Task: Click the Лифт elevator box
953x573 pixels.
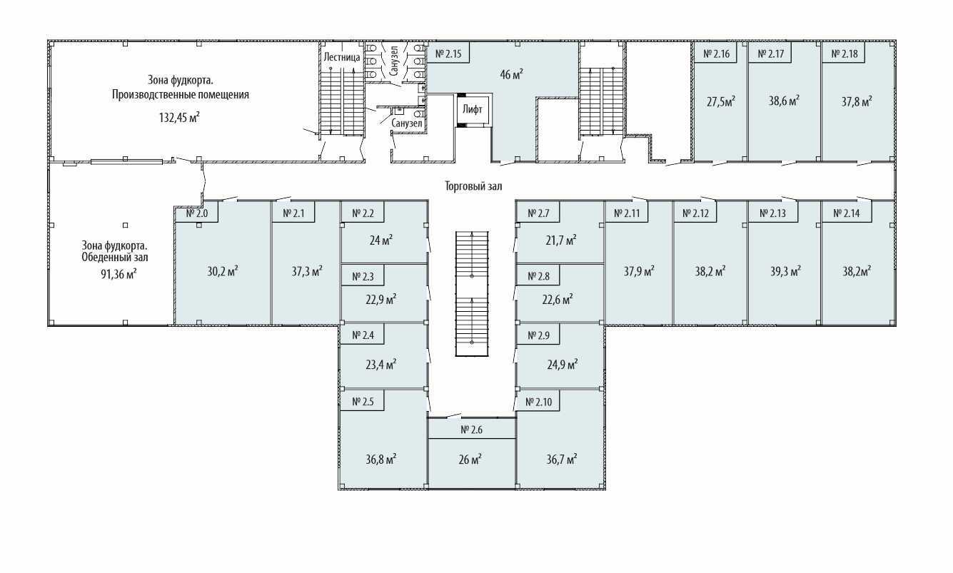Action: coord(473,109)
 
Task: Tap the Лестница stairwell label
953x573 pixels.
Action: coord(342,57)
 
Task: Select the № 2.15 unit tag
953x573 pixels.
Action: coord(448,54)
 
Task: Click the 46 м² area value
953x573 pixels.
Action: coord(511,74)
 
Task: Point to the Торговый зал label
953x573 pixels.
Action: coord(473,186)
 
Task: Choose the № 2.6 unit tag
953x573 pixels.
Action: coord(472,430)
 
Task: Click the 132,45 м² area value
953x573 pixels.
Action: coord(180,117)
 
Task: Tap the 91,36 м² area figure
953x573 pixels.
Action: coord(119,274)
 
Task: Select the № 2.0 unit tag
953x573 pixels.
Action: coord(197,213)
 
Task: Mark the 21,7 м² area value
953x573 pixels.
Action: coord(561,240)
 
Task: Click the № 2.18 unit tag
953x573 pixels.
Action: coord(845,54)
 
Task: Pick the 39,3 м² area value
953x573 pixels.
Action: coord(786,271)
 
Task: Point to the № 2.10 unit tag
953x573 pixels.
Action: coord(539,402)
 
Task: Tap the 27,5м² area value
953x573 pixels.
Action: coord(721,102)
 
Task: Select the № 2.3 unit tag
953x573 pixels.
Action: coord(363,277)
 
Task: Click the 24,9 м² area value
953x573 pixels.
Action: coord(563,365)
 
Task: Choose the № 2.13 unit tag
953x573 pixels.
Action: coord(773,213)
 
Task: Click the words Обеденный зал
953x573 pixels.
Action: coord(115,258)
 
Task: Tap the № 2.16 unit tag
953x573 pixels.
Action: coord(717,54)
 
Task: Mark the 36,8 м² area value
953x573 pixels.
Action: coord(381,460)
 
